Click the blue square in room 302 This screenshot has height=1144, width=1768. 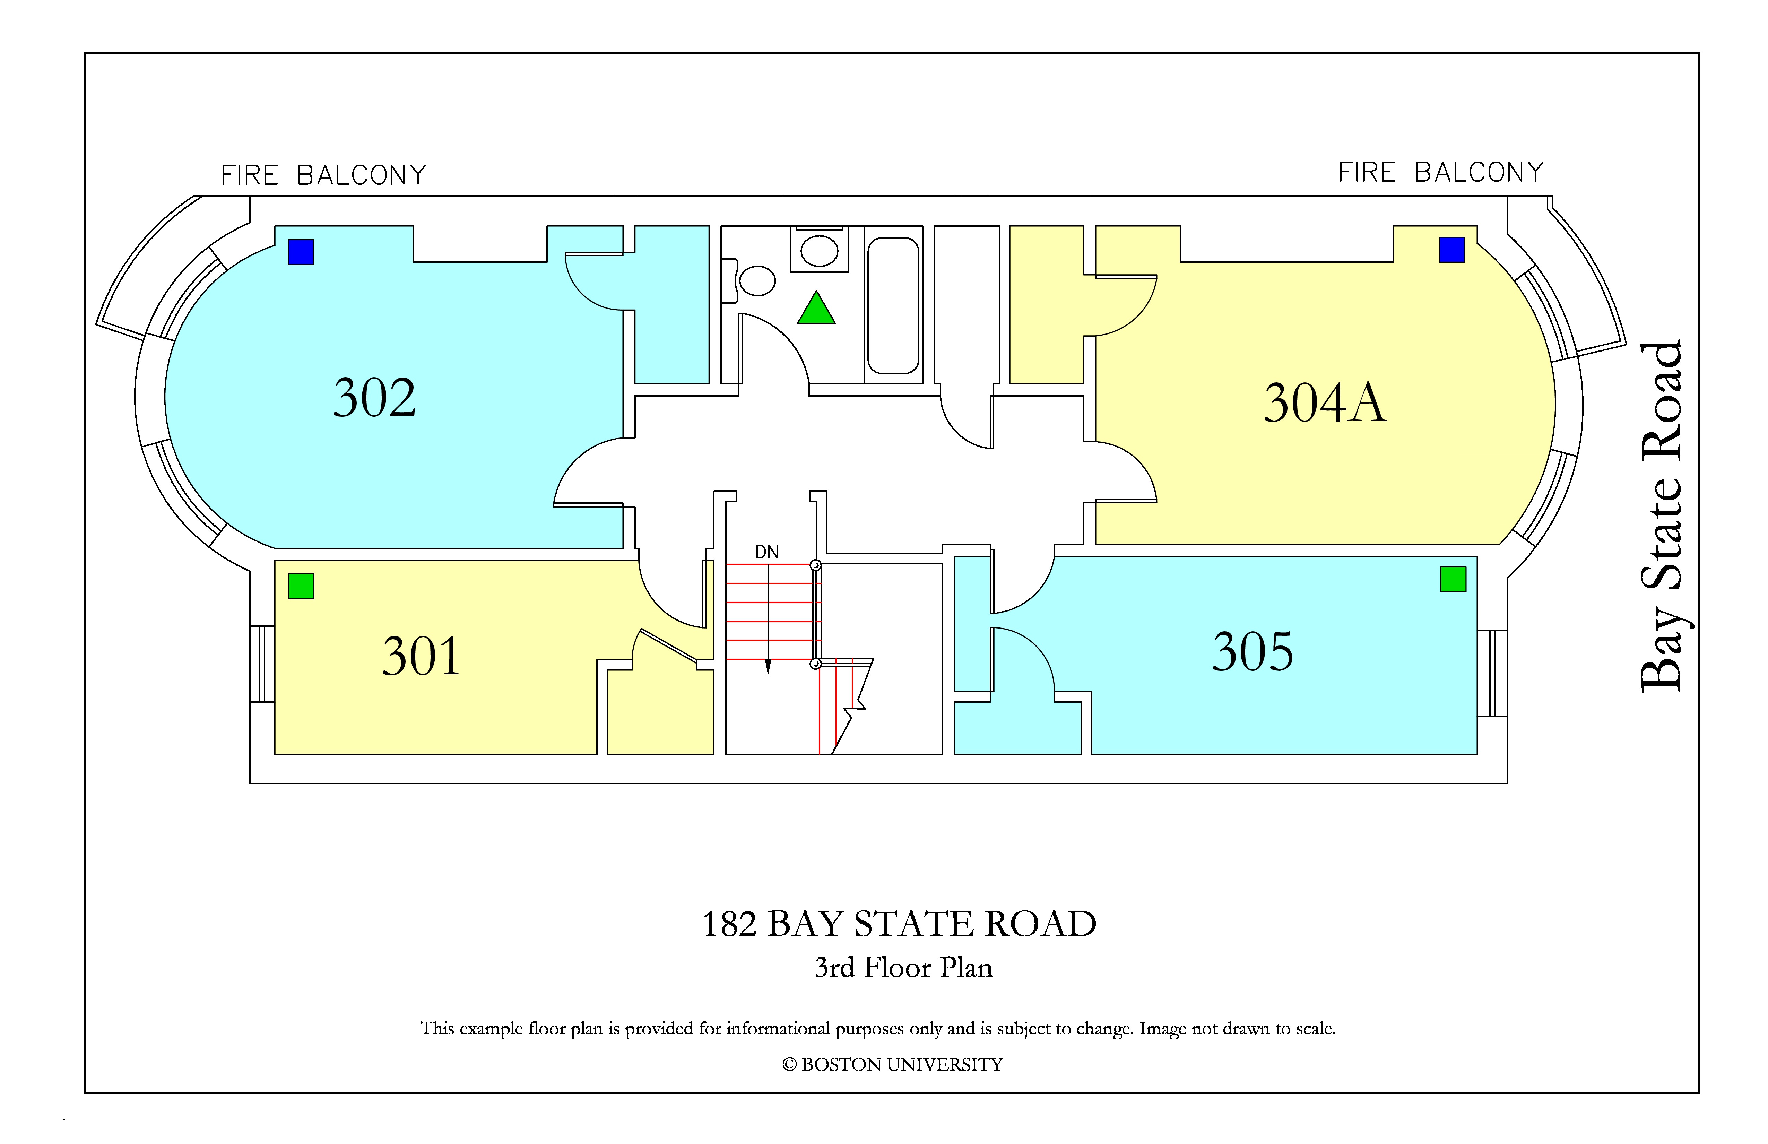pos(301,252)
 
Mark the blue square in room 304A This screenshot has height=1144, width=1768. pos(1451,250)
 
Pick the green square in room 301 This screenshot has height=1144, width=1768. pos(301,586)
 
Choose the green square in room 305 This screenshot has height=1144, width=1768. pos(1453,579)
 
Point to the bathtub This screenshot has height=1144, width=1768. pos(894,305)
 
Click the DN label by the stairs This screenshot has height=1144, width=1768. pos(766,552)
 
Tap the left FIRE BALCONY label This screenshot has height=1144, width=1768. pos(324,175)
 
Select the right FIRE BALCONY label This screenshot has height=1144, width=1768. pos(1441,172)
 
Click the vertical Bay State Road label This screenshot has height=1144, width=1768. pos(1661,516)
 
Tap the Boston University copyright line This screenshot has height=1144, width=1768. pos(892,1065)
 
